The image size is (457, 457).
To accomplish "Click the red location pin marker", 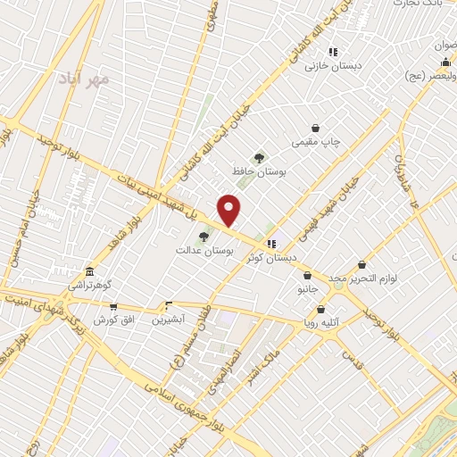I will (230, 211).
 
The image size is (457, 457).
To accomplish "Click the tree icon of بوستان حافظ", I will (259, 157).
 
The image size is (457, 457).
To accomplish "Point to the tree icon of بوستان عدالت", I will (204, 237).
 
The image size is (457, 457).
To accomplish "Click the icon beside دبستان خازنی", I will (332, 52).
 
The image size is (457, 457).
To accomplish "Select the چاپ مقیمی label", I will (316, 142).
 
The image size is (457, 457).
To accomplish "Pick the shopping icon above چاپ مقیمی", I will (316, 129).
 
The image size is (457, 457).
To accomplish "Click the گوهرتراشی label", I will (88, 284).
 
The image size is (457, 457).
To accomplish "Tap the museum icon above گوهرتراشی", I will (88, 271).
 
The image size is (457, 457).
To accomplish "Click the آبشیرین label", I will (168, 318).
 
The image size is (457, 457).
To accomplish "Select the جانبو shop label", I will (306, 289).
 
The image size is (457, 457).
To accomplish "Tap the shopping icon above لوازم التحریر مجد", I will (361, 265).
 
